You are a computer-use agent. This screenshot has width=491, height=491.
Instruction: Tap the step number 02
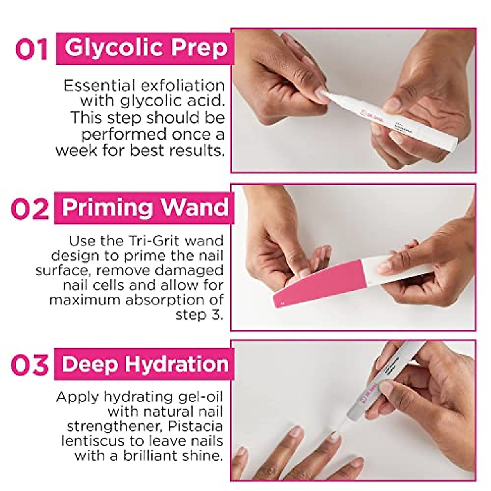[29, 209]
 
